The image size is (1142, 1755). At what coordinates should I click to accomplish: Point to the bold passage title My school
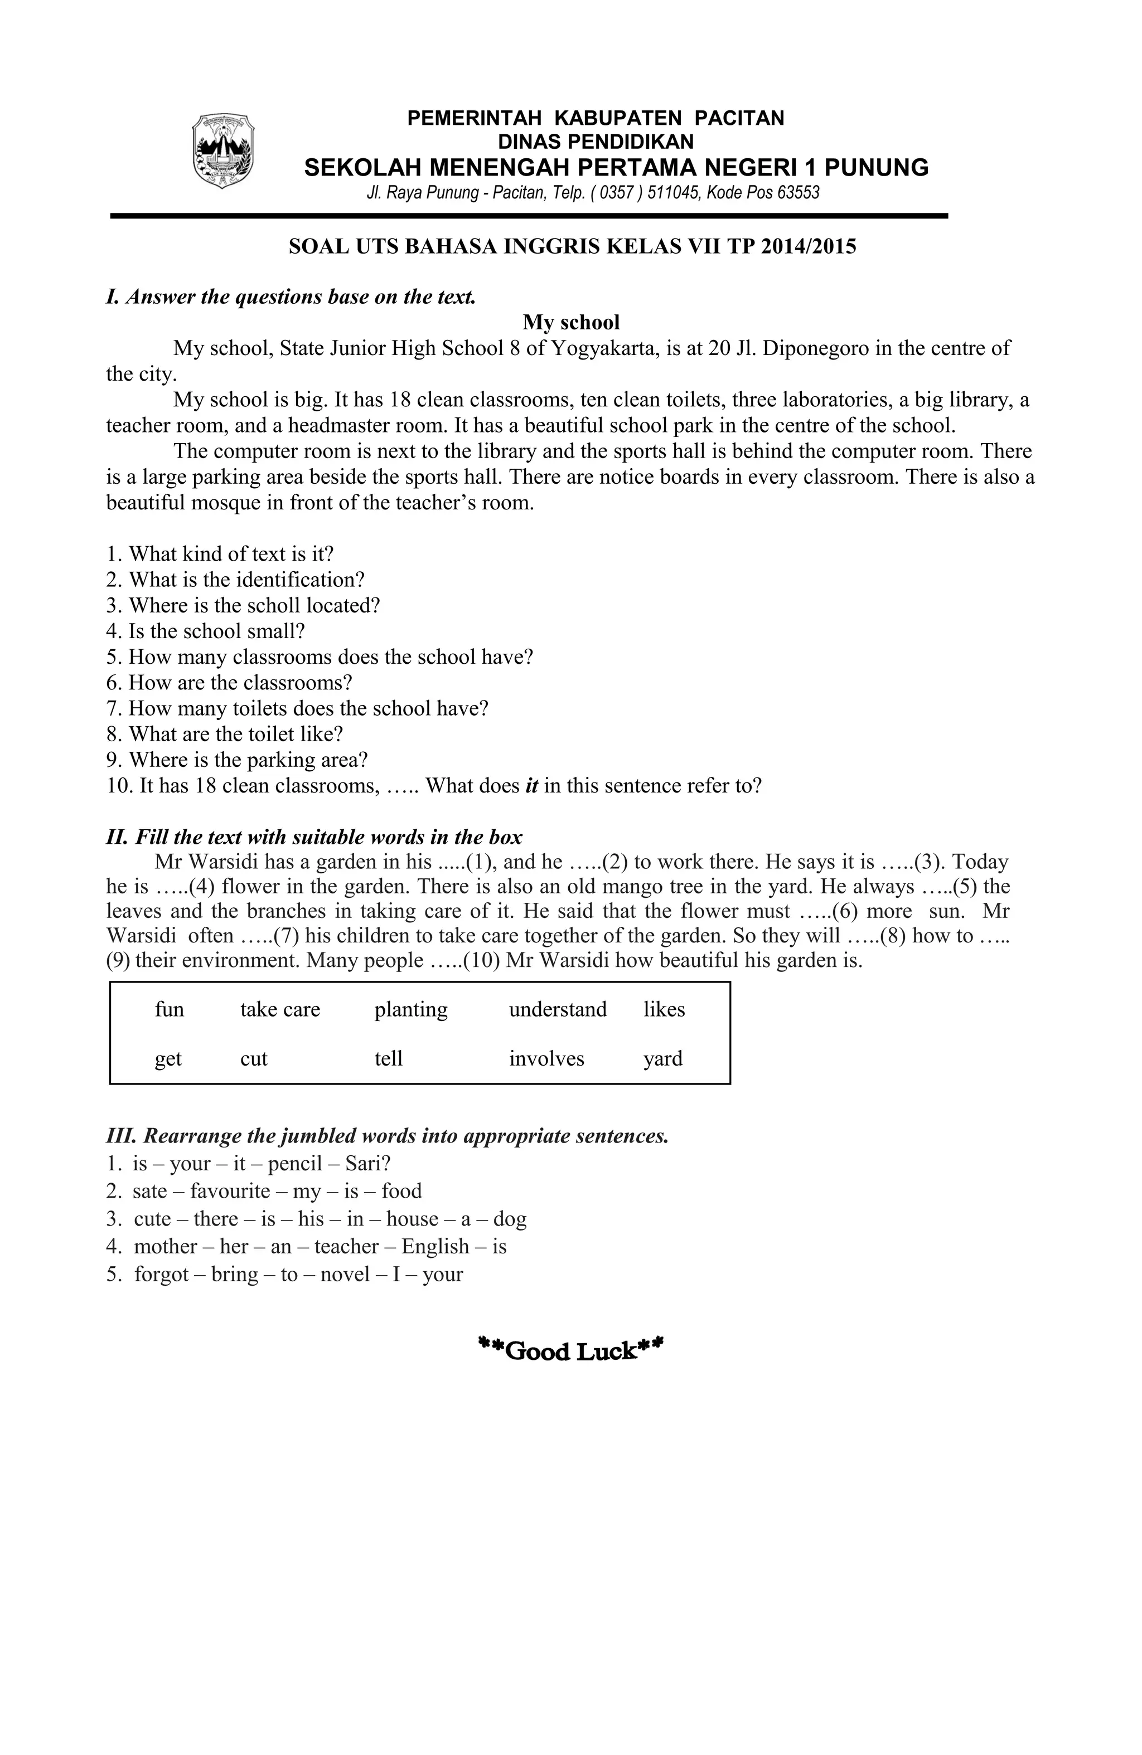571,322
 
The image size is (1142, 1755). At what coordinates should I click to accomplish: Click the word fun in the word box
169,1009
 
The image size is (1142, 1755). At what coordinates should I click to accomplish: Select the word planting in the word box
411,1009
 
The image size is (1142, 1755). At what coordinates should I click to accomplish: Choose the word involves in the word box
546,1059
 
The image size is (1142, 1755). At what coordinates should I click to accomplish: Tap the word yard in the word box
662,1059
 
